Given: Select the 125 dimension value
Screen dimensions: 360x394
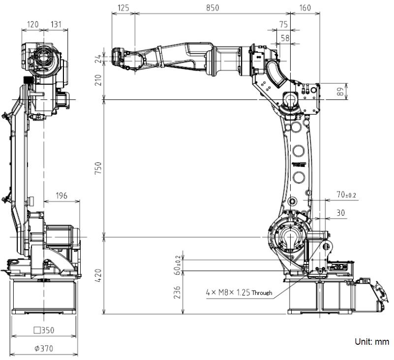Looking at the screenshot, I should point(123,7).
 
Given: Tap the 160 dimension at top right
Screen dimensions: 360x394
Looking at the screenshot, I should point(305,7).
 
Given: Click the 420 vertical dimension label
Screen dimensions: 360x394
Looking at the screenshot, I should point(98,275).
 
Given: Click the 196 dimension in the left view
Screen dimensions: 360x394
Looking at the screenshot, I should point(61,196).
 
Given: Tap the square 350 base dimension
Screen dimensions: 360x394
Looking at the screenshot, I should point(44,330).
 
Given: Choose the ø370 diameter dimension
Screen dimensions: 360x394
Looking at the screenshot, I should point(44,348).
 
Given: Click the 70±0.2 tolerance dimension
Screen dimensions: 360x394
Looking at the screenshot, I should point(346,196).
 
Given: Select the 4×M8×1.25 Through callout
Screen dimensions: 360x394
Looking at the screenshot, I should point(239,292).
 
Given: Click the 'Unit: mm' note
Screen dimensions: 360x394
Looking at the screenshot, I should point(371,341).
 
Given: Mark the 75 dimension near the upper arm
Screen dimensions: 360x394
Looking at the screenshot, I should point(283,24).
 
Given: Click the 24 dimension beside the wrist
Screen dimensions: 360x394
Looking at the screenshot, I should point(98,59).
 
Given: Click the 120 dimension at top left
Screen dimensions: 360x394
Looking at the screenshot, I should point(33,24).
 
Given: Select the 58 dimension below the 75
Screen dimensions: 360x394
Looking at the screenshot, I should point(284,37).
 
